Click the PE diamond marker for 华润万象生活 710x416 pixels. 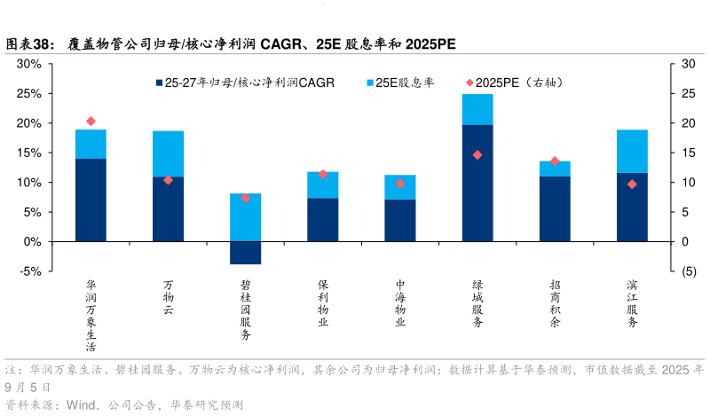[x=91, y=121]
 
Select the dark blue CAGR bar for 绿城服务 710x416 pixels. [x=477, y=183]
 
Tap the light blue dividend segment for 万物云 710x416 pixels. [x=168, y=153]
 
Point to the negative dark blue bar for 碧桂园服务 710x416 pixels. [x=245, y=253]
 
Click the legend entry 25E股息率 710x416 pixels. [x=403, y=82]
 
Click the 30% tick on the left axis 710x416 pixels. [x=29, y=64]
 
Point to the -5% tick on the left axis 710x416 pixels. [x=29, y=271]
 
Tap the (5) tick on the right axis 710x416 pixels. [x=681, y=271]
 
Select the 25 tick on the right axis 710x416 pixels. [x=681, y=93]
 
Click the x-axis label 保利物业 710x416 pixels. [x=323, y=304]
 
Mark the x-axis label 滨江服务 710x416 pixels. [x=632, y=304]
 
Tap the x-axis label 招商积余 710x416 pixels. [x=555, y=304]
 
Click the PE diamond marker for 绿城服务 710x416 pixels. [x=477, y=155]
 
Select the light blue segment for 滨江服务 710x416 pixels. [x=632, y=151]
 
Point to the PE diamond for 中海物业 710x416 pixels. [x=400, y=184]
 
